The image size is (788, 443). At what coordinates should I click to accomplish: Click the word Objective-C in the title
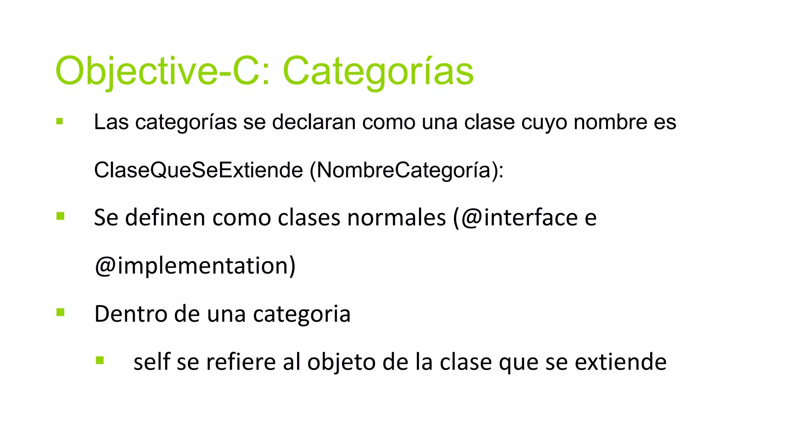tap(156, 71)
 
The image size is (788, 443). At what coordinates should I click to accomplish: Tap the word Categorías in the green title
tap(378, 71)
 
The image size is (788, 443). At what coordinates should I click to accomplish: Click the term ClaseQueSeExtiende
tap(198, 170)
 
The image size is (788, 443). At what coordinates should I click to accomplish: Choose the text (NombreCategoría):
tap(406, 170)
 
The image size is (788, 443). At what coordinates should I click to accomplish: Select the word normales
tap(396, 218)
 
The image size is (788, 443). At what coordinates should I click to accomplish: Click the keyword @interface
tap(519, 218)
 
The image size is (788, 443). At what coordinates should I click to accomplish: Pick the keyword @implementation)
tap(195, 266)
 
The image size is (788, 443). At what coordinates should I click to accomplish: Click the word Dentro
tap(130, 314)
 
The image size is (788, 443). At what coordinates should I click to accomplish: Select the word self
tap(152, 362)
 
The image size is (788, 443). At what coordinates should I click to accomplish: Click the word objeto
tap(341, 363)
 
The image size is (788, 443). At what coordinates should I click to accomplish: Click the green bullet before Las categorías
tap(60, 122)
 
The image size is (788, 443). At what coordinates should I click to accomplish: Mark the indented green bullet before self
tap(100, 360)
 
